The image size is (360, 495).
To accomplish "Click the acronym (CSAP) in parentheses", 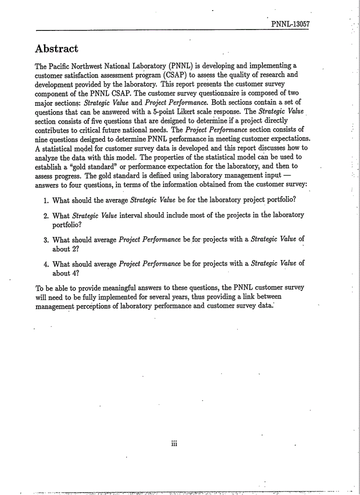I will point(176,74).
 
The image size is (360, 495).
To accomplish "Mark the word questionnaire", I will point(205,93).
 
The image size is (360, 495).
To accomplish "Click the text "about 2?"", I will point(66,248).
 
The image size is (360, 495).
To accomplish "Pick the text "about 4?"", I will point(66,273).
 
